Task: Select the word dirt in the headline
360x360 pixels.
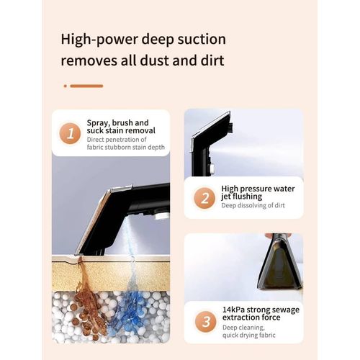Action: pos(212,60)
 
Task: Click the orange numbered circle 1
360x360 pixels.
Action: pos(70,133)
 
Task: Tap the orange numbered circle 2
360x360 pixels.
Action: pos(204,199)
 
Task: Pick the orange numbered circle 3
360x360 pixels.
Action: pos(206,322)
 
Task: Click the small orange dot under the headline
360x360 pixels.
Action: pos(66,86)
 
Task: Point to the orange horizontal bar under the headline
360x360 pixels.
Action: pos(86,86)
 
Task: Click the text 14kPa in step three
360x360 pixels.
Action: pos(233,310)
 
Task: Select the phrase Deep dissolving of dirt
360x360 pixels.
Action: pos(253,205)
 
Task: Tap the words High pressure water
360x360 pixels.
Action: pos(258,189)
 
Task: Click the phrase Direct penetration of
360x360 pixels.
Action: pos(117,140)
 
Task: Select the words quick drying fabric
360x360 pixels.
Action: pos(249,335)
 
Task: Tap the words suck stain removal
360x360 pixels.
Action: pos(121,130)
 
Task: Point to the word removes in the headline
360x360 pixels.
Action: pos(89,60)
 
